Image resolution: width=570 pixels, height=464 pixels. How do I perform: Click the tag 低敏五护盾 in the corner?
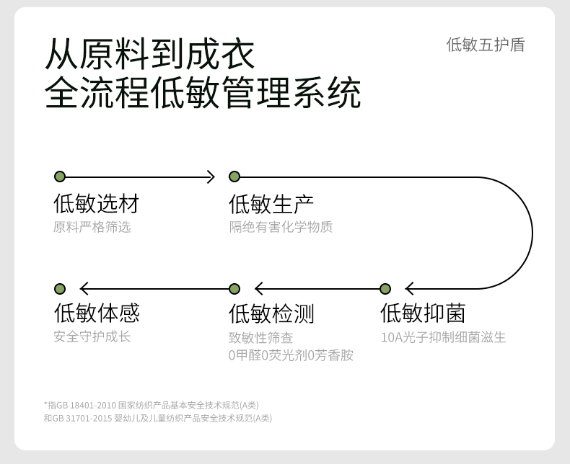tap(485, 45)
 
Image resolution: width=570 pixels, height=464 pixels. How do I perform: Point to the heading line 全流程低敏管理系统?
tap(203, 94)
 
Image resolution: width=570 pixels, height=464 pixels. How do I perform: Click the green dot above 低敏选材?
tap(60, 177)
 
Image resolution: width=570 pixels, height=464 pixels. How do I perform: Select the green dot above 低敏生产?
tap(234, 177)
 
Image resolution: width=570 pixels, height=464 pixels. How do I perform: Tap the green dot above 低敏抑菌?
tap(385, 289)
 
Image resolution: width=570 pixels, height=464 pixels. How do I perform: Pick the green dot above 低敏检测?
tap(234, 289)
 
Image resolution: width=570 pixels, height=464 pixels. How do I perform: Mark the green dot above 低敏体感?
tap(60, 289)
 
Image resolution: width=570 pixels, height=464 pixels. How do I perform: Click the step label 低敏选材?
tap(96, 204)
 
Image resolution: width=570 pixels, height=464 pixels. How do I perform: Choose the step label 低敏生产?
tap(271, 204)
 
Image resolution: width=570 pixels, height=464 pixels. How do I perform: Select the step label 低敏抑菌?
tap(423, 313)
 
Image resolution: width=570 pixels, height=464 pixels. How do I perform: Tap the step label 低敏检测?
tap(271, 313)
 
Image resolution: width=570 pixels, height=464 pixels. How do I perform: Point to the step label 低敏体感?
tap(97, 313)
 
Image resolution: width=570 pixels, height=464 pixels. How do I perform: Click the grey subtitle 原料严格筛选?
tap(92, 227)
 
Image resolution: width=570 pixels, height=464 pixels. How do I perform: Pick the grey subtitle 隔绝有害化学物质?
tap(281, 227)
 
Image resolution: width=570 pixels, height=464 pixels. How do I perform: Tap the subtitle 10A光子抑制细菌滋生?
tap(443, 337)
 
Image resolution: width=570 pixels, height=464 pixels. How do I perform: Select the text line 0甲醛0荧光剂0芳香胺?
tap(291, 355)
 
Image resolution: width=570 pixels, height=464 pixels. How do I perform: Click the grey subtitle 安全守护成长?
tap(92, 336)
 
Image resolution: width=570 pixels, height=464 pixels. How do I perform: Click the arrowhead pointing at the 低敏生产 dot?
tap(211, 177)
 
